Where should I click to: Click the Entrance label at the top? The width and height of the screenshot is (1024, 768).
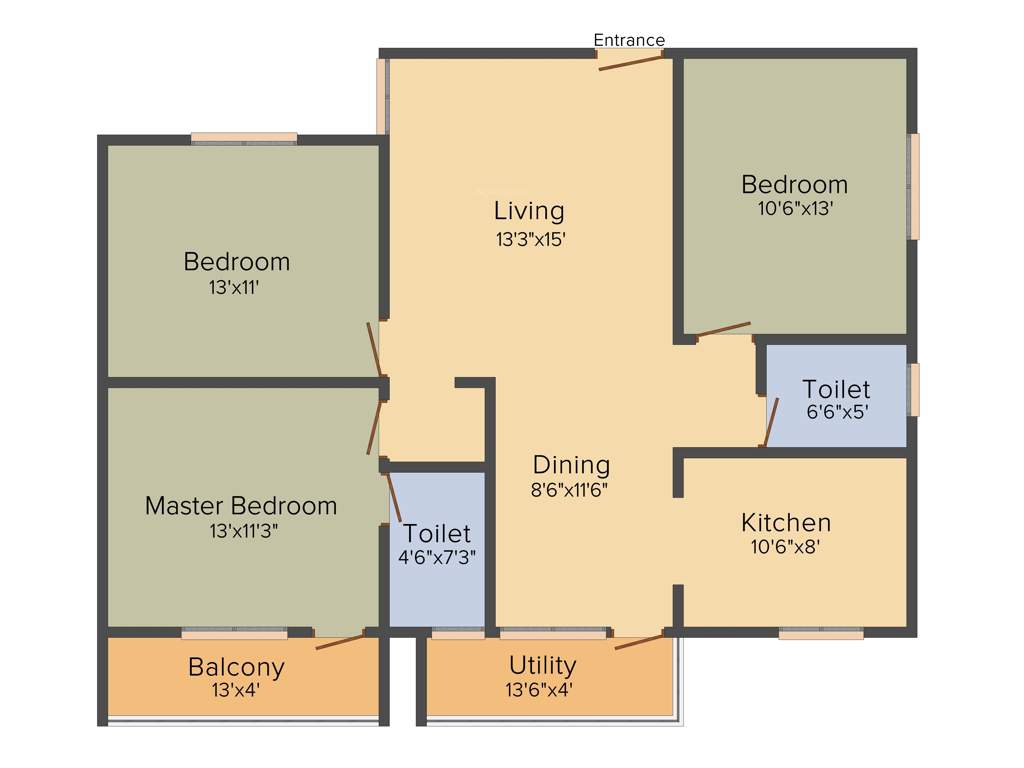coord(629,40)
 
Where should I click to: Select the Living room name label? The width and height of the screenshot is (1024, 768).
coord(529,211)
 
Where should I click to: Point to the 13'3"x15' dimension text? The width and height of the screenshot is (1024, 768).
coord(529,239)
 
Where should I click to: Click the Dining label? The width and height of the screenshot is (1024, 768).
coord(571,465)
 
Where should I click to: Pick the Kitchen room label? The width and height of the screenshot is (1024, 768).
coord(785,522)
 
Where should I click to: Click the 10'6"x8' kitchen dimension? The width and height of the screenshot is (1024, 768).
coord(785,547)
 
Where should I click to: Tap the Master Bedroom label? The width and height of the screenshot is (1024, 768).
coord(241,505)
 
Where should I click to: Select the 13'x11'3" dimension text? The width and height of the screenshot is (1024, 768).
coord(241,531)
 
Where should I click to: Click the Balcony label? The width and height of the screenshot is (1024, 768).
coord(236,666)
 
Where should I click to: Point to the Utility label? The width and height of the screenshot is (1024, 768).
coord(542,665)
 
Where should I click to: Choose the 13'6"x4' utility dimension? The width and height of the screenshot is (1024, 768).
coord(542,689)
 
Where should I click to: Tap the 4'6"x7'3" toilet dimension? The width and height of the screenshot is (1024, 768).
coord(437,557)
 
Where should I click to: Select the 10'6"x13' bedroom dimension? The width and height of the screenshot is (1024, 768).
coord(794,210)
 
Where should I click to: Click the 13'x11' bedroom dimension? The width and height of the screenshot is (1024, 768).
coord(236,287)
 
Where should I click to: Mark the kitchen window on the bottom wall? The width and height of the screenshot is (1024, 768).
coord(821,633)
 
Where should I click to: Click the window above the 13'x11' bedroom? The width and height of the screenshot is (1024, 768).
coord(244,138)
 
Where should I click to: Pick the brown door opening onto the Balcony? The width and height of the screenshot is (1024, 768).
coord(340,641)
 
